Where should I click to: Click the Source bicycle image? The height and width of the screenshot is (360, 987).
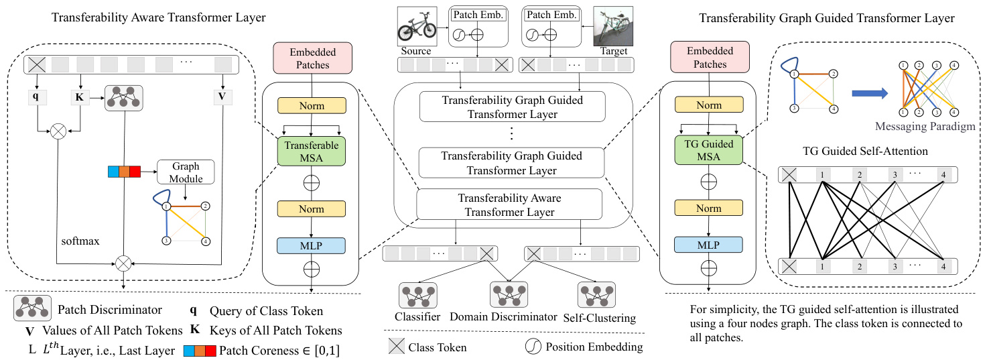(416, 25)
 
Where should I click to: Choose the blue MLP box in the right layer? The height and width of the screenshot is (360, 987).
(709, 246)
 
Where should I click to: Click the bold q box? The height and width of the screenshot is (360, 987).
(36, 96)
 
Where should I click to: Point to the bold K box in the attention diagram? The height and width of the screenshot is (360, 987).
(80, 96)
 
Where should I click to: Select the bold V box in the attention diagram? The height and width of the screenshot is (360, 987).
(222, 96)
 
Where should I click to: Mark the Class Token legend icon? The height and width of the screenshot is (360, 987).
(397, 347)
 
